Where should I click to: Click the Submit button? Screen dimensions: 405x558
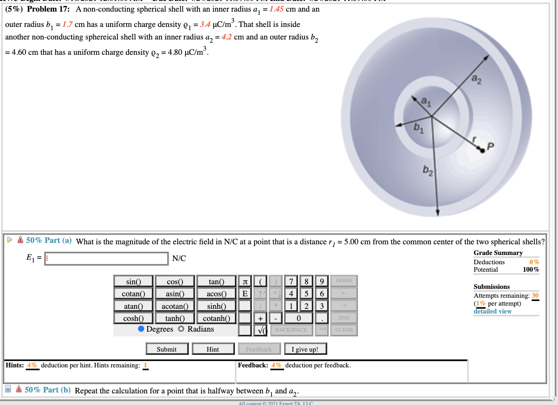[x=167, y=349]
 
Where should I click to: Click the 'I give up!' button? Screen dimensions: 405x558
[x=305, y=349]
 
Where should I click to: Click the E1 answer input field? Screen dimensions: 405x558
[x=106, y=259]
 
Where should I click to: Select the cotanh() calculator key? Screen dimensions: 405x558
[x=215, y=318]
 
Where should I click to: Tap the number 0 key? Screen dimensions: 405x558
[x=299, y=318]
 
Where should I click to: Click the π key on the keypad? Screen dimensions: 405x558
[x=245, y=281]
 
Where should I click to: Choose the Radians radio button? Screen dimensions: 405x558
[x=182, y=329]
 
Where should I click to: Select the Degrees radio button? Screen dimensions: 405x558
[x=141, y=329]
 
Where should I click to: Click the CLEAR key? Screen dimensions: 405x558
[x=344, y=330]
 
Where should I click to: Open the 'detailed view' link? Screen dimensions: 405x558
[x=493, y=311]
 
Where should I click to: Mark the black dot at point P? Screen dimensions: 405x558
[x=483, y=150]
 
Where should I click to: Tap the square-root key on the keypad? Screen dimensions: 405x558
[x=262, y=330]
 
